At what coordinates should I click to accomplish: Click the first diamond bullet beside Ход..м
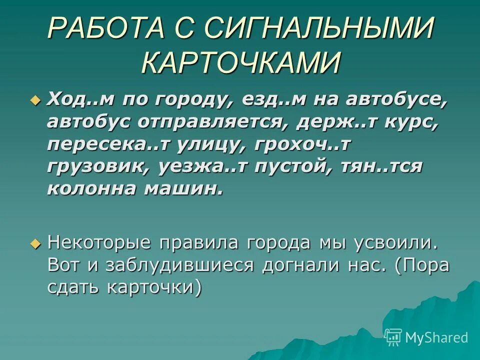click(x=34, y=100)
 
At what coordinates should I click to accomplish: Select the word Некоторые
click(x=99, y=243)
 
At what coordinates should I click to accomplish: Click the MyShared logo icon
click(x=393, y=337)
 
